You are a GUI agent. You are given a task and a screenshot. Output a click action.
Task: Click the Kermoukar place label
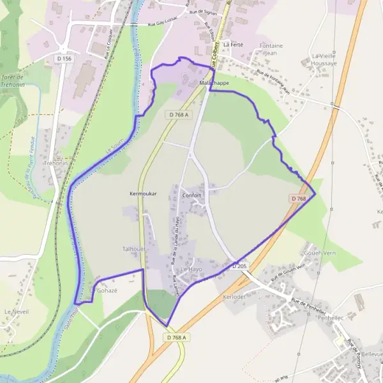tap(143, 192)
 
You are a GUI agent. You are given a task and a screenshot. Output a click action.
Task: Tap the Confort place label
tap(191, 195)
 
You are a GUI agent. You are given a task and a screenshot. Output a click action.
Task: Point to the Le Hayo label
tap(191, 269)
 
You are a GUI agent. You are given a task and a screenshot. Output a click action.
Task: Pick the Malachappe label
tap(214, 83)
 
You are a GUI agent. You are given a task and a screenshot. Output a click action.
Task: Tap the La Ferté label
tap(233, 45)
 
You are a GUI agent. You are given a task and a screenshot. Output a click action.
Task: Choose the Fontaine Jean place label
tap(271, 49)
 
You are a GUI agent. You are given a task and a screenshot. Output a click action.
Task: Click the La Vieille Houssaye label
tap(323, 59)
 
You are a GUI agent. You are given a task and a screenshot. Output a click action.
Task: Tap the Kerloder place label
tap(234, 297)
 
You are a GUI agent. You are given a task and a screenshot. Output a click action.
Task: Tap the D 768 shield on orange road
tap(299, 199)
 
